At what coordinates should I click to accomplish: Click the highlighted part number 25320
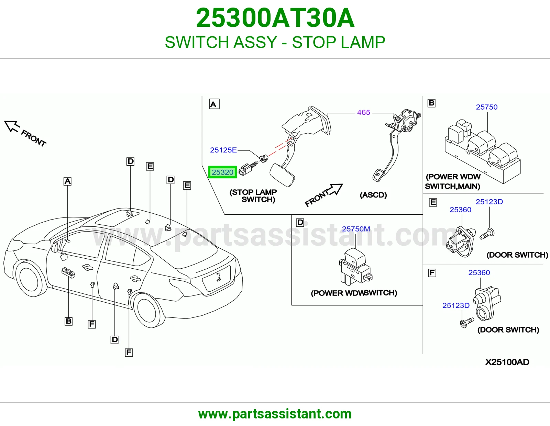point(222,172)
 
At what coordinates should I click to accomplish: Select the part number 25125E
point(223,150)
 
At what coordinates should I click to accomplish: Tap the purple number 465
point(363,112)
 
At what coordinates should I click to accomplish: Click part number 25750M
point(356,229)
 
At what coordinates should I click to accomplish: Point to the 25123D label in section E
point(489,202)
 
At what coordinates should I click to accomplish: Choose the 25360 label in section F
point(479,272)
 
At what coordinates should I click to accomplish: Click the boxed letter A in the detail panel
point(214,104)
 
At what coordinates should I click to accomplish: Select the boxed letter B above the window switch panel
point(431,103)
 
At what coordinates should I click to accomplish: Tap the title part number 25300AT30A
point(275,18)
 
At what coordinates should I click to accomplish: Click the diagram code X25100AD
point(507,362)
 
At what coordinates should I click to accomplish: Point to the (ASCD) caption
point(373,195)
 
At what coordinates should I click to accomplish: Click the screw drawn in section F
point(466,323)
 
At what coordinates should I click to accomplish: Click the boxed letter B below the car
point(68,321)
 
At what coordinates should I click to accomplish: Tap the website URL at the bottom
point(275,414)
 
